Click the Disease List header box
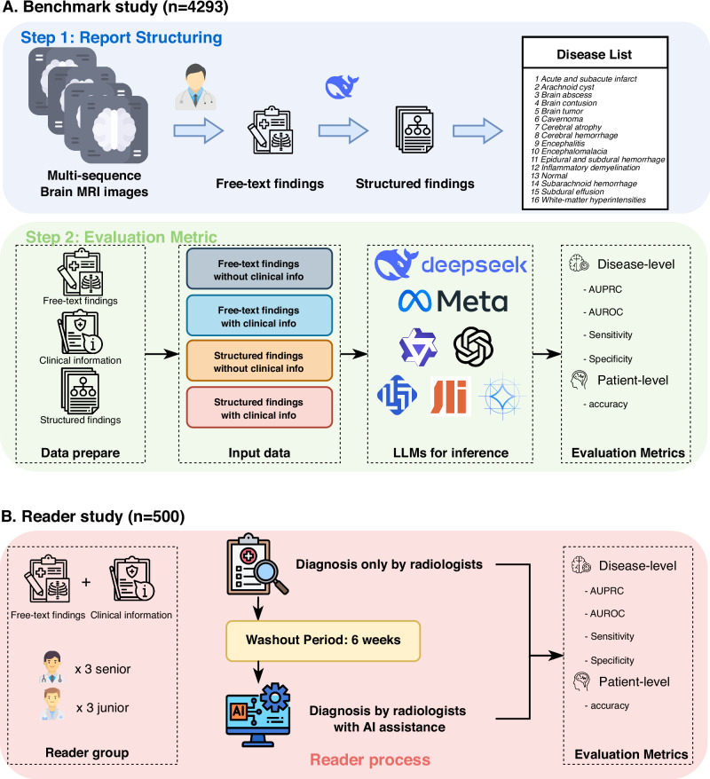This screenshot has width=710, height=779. click(x=595, y=52)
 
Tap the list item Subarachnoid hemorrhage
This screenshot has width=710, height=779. click(x=584, y=184)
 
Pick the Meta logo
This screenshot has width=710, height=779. click(x=453, y=301)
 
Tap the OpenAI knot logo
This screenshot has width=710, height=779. click(x=473, y=346)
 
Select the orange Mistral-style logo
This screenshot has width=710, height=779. click(x=449, y=396)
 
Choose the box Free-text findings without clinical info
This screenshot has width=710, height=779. click(x=259, y=269)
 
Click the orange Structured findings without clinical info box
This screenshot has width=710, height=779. click(x=259, y=361)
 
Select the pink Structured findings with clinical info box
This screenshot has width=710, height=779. click(x=259, y=407)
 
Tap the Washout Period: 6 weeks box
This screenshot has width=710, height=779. click(x=323, y=641)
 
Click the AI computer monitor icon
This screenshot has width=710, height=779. click(x=258, y=715)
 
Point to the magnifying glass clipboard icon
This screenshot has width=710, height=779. click(x=256, y=565)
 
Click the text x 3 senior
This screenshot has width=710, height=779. click(x=103, y=669)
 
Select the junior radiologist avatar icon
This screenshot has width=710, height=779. click(x=52, y=705)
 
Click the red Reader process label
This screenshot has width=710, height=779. click(x=370, y=759)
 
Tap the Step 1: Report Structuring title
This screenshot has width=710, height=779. click(x=122, y=38)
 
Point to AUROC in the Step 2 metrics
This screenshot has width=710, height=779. click(x=603, y=312)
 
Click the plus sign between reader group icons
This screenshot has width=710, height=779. click(x=86, y=582)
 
